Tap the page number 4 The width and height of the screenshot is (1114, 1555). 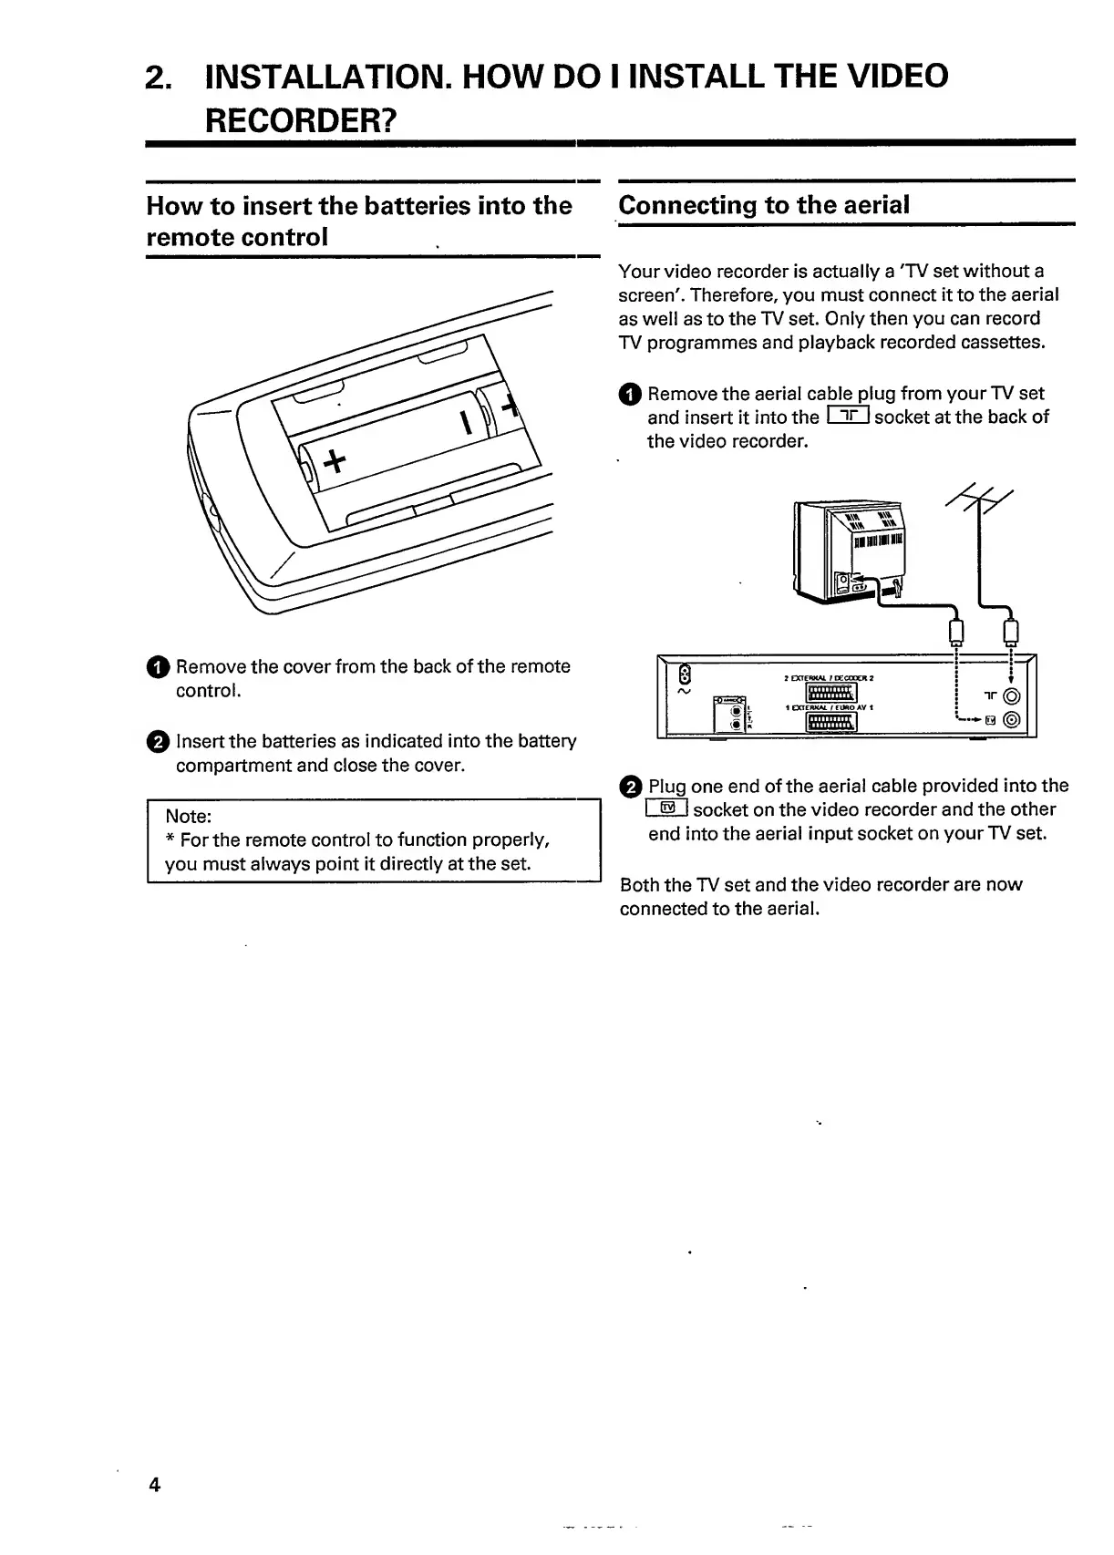[x=155, y=1485]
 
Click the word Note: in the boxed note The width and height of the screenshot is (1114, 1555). [x=188, y=816]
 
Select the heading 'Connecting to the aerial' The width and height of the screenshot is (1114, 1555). [x=764, y=205]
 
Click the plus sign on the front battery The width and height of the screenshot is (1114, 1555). [x=334, y=463]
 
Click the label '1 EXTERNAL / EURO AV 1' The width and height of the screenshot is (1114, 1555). [x=830, y=707]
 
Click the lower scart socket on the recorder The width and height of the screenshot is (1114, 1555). [x=830, y=722]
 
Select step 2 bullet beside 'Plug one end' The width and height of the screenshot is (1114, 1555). [x=631, y=787]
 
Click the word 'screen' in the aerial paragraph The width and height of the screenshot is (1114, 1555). [x=646, y=295]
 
